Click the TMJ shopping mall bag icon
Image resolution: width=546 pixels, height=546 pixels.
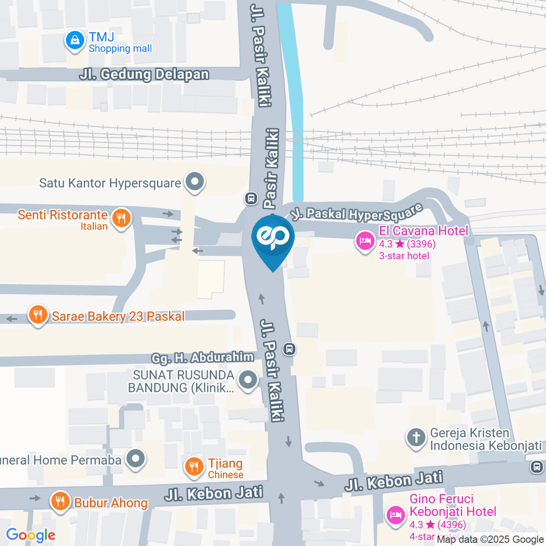click(x=74, y=40)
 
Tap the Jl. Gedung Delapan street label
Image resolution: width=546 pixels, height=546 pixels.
click(x=144, y=75)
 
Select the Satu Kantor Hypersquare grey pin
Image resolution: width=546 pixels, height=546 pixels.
click(x=195, y=183)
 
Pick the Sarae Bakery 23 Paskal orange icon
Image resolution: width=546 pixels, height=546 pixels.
click(x=38, y=316)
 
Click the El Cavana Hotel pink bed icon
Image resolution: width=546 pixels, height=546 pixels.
click(x=364, y=241)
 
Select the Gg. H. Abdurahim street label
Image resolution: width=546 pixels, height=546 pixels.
click(x=202, y=359)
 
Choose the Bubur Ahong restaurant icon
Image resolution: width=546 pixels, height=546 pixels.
click(x=59, y=501)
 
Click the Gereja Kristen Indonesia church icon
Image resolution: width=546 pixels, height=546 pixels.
click(x=416, y=438)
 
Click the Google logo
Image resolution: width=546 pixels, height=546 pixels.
click(x=31, y=535)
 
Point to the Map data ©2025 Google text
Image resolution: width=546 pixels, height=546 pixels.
click(x=490, y=539)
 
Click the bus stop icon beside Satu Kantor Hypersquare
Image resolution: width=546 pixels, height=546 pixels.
click(x=250, y=198)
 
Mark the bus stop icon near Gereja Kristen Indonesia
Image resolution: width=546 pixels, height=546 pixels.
click(x=535, y=467)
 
